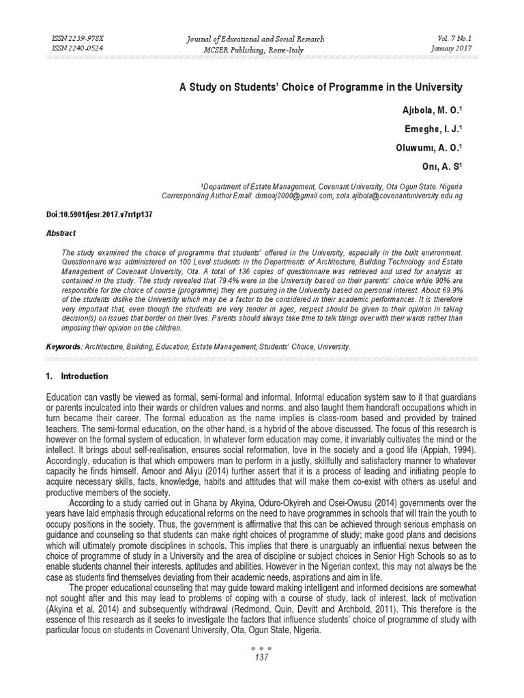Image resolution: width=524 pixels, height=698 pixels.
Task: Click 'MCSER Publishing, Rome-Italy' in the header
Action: pyautogui.click(x=256, y=50)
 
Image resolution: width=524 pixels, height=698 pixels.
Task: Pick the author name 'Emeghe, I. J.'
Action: pyautogui.click(x=431, y=129)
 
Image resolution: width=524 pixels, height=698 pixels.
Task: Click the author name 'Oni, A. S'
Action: pyautogui.click(x=441, y=164)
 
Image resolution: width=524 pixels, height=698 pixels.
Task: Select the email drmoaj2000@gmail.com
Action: pyautogui.click(x=293, y=196)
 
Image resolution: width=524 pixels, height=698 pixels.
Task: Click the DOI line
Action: pyautogui.click(x=99, y=214)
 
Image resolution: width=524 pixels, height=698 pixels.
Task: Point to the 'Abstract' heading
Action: pyautogui.click(x=61, y=232)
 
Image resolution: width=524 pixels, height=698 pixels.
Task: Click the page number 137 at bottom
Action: pyautogui.click(x=261, y=657)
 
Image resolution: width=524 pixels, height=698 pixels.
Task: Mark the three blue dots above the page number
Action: pyautogui.click(x=261, y=648)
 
